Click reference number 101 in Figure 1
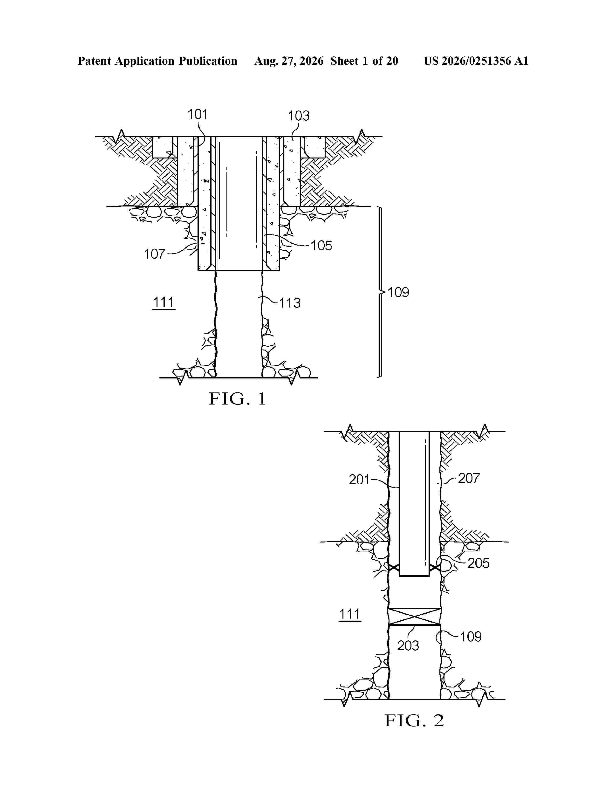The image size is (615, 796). point(198,114)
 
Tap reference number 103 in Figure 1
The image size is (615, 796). point(299,116)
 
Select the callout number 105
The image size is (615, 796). point(321,246)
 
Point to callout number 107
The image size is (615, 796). point(155,254)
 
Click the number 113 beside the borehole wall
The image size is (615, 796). point(290,303)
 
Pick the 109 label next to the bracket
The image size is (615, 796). point(398,292)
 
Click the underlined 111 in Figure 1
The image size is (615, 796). point(164,302)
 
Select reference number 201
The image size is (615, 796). point(359,480)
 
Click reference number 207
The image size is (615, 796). point(469,478)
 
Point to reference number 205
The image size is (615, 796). point(478,563)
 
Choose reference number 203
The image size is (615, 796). point(408,646)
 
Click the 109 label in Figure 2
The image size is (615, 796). point(471,637)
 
